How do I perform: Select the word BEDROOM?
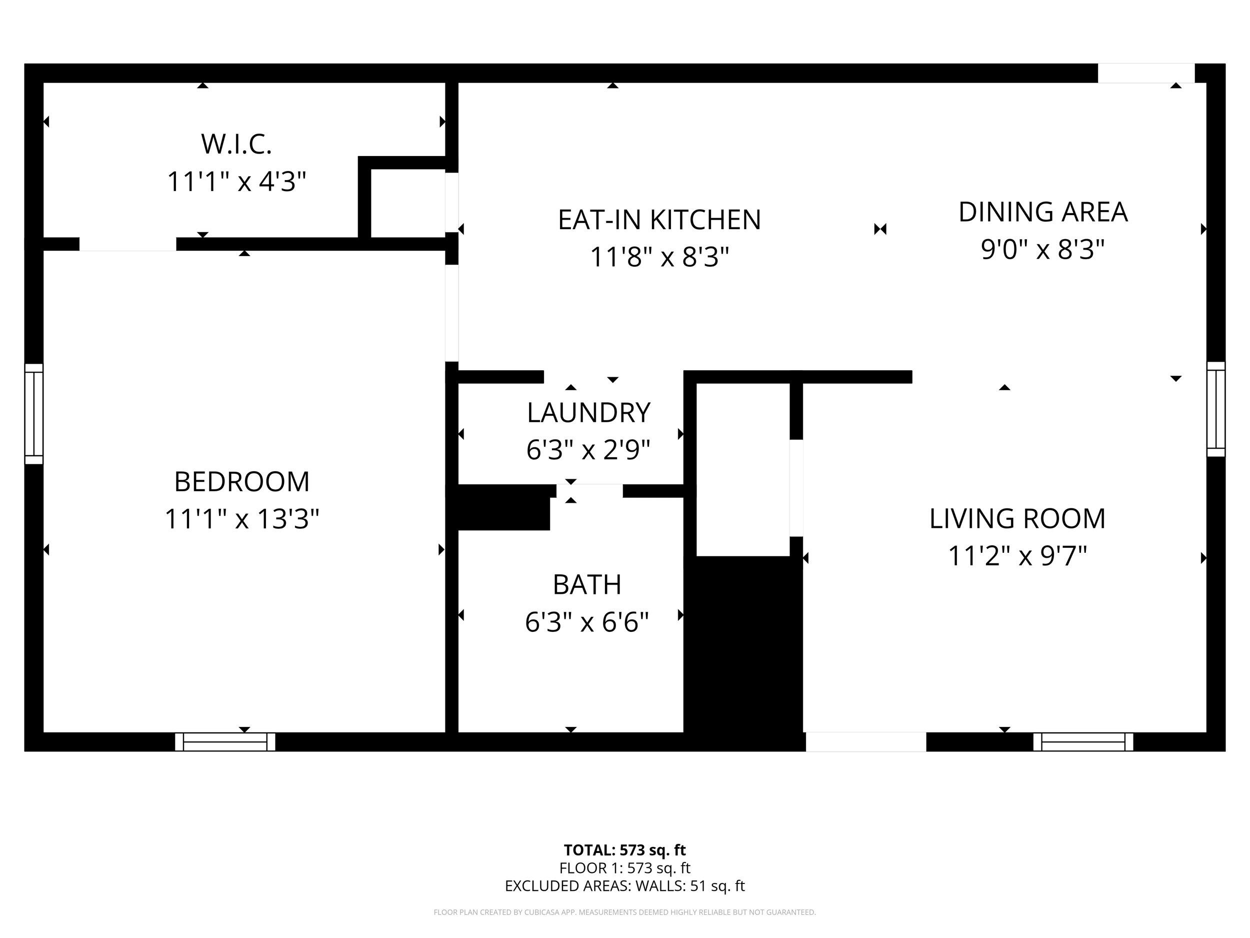pyautogui.click(x=242, y=482)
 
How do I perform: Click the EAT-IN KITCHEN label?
pyautogui.click(x=659, y=220)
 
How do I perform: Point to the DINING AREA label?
pyautogui.click(x=1042, y=212)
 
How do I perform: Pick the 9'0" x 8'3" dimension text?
pyautogui.click(x=1042, y=249)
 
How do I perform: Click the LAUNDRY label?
pyautogui.click(x=588, y=413)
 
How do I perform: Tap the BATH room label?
pyautogui.click(x=587, y=585)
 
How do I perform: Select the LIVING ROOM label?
pyautogui.click(x=1017, y=518)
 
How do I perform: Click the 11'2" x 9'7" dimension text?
pyautogui.click(x=1017, y=556)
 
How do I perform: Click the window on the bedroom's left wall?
pyautogui.click(x=34, y=414)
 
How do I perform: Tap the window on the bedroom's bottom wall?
pyautogui.click(x=225, y=742)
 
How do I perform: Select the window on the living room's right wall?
pyautogui.click(x=1215, y=409)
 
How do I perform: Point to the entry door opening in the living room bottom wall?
pyautogui.click(x=865, y=742)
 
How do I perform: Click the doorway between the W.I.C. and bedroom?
pyautogui.click(x=127, y=244)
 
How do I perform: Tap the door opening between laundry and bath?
pyautogui.click(x=589, y=491)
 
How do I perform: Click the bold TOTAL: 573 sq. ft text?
pyautogui.click(x=624, y=850)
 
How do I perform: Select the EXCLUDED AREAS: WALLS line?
pyautogui.click(x=624, y=886)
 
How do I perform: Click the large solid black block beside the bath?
pyautogui.click(x=743, y=650)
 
